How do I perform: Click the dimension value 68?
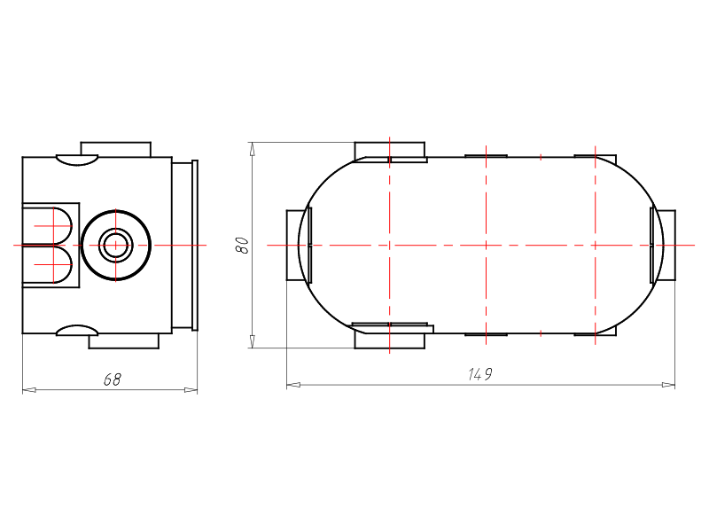click(113, 379)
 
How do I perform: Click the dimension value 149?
click(480, 374)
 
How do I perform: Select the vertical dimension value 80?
click(243, 246)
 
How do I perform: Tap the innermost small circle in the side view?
click(116, 246)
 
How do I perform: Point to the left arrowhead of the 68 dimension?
click(29, 389)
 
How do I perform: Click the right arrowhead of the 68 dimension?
click(191, 389)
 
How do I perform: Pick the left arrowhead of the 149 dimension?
click(293, 385)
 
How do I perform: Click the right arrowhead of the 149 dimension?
click(668, 385)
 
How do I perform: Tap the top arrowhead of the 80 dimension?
click(253, 149)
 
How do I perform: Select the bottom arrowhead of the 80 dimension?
click(253, 341)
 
